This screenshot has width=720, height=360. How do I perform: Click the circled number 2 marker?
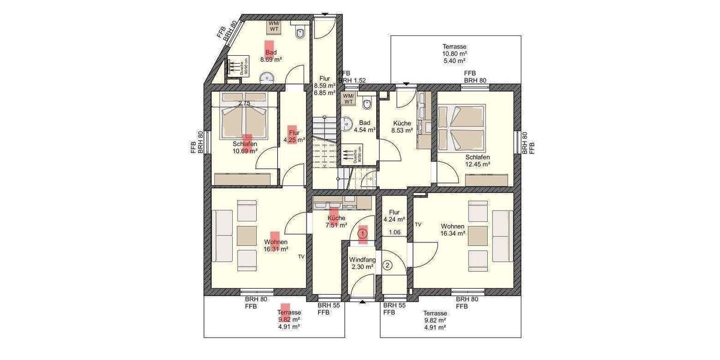(x=388, y=265)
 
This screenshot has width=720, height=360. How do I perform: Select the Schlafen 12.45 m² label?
(x=478, y=160)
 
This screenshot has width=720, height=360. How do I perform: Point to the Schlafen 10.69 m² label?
(x=245, y=148)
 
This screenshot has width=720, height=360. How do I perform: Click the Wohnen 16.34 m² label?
(x=452, y=230)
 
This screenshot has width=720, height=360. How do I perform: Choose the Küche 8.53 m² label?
(x=402, y=126)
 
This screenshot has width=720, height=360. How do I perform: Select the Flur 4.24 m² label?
(x=394, y=216)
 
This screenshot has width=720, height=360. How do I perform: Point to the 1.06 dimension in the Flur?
(x=394, y=232)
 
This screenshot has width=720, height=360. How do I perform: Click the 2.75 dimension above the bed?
(x=244, y=104)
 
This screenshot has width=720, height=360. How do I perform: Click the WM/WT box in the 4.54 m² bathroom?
(x=348, y=98)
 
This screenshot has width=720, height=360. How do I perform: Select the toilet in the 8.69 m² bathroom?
(x=301, y=31)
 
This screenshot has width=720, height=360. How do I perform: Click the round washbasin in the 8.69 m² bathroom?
(x=267, y=77)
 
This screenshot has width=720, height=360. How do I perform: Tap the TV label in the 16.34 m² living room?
(x=418, y=224)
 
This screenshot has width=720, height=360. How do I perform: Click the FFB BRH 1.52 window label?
(x=352, y=76)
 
